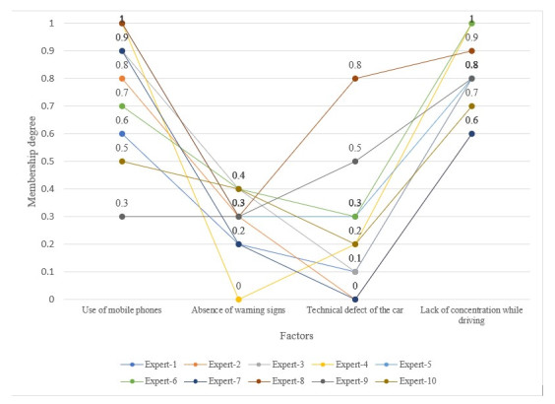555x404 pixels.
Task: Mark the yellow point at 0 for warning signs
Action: click(x=238, y=299)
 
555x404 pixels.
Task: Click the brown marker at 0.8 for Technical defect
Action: click(x=355, y=78)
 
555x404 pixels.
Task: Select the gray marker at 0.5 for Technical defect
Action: click(x=355, y=161)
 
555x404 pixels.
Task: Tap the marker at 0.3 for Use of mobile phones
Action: click(x=122, y=216)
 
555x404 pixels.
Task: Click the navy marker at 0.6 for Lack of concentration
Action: click(x=471, y=133)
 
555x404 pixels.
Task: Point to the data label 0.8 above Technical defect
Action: click(x=355, y=65)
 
